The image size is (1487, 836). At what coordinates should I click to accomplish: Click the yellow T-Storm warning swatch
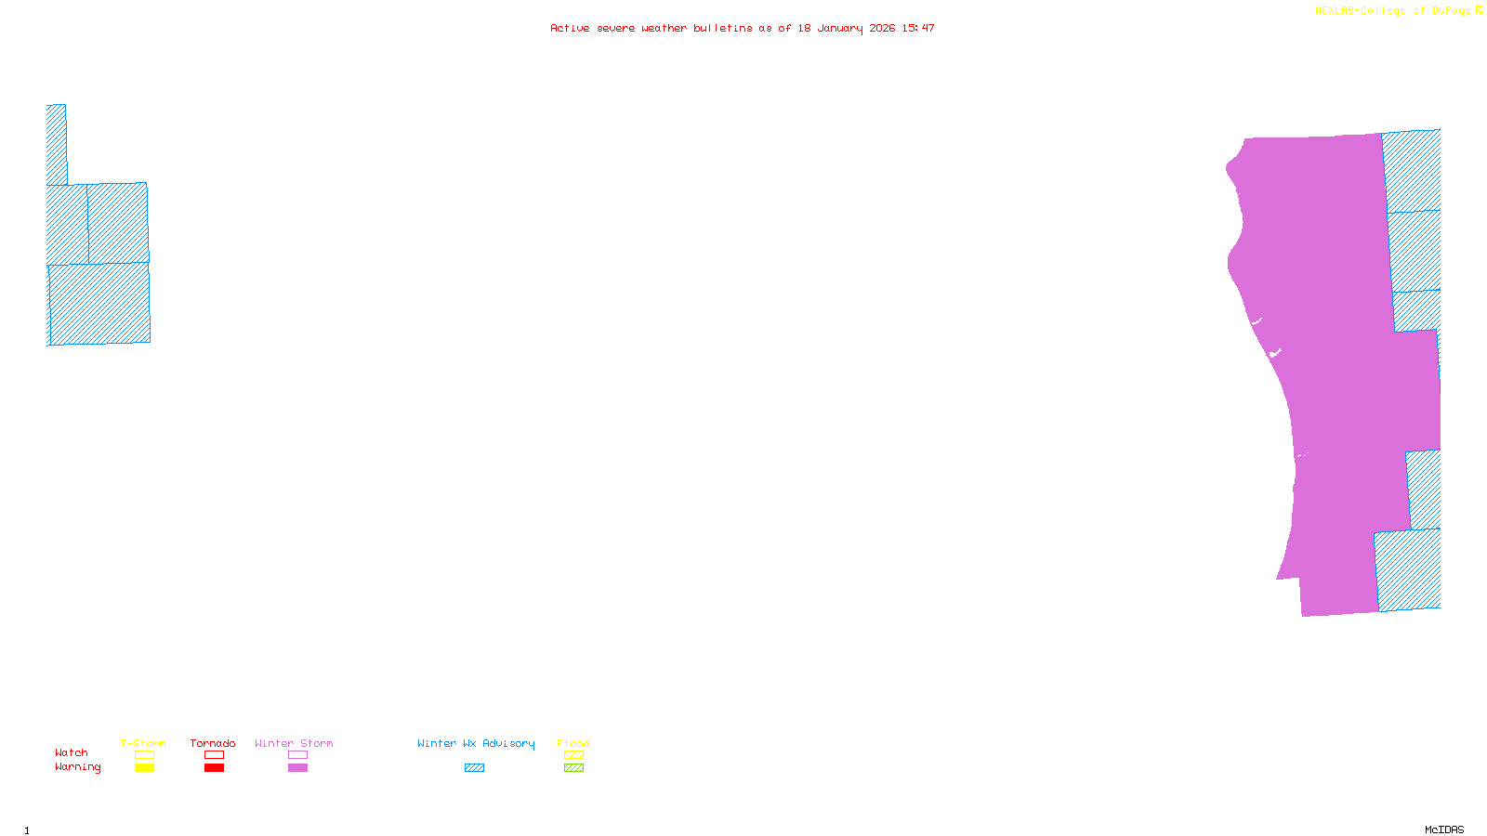144,768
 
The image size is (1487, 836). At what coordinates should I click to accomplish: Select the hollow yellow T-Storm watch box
144,755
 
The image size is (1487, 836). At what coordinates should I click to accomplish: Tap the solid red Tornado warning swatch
214,768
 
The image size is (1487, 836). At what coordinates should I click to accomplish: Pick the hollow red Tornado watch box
214,755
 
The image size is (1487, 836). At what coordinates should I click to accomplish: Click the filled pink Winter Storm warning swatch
297,768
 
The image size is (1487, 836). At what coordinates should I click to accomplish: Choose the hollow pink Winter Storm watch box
297,755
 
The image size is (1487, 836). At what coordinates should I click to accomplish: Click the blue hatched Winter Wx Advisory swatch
474,768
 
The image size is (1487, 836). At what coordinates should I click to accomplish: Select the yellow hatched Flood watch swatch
573,755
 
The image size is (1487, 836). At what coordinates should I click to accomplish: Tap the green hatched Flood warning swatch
573,768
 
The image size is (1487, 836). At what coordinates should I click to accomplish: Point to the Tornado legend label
213,743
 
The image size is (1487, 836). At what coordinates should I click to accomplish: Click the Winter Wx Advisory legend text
476,743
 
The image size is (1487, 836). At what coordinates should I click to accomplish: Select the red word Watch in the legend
72,752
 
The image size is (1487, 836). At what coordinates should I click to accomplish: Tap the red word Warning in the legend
77,767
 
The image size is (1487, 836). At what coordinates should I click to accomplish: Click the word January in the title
839,28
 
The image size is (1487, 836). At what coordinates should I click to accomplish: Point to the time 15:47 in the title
918,28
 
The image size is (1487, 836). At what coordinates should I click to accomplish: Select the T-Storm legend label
143,743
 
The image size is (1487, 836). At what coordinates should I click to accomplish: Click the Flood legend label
573,743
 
